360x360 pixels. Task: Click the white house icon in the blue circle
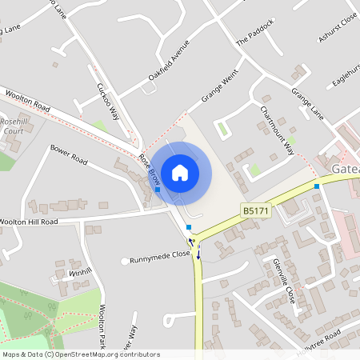tap(180, 172)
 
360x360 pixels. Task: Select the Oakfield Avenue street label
tap(168, 59)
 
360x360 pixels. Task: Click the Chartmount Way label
tap(277, 129)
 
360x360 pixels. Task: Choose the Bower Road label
tap(68, 153)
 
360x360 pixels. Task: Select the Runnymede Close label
tap(161, 257)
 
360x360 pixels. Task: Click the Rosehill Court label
tap(14, 126)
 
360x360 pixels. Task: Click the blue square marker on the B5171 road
tap(318, 186)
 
